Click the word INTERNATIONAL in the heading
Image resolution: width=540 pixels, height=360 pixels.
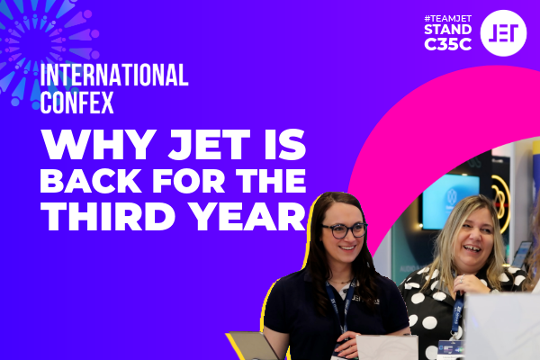(x=113, y=76)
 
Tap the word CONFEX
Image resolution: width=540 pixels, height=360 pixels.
(x=76, y=102)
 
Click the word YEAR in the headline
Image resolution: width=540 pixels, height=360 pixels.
(x=245, y=217)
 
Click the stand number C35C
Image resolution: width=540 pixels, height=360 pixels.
(x=447, y=46)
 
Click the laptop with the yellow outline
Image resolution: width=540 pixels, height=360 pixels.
(x=253, y=346)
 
